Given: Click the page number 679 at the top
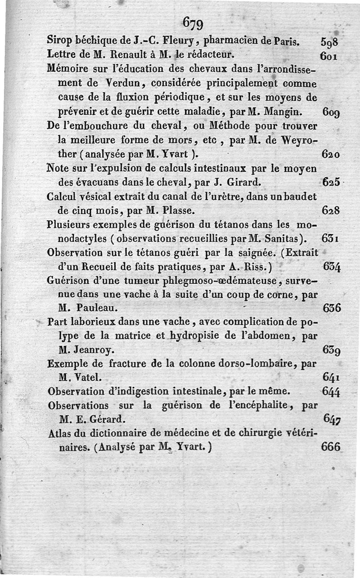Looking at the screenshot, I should coord(194,22).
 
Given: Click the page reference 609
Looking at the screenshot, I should coord(332,111).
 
